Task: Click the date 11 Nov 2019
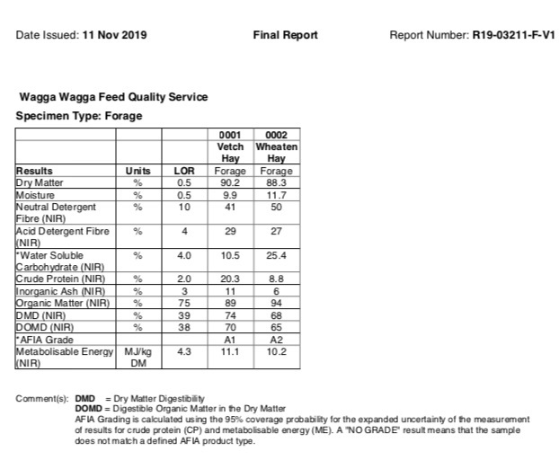[x=114, y=36]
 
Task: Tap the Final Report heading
[x=286, y=36]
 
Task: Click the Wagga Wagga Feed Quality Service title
[x=113, y=97]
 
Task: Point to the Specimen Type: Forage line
[x=79, y=116]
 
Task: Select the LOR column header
[x=184, y=171]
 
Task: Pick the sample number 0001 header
[x=231, y=136]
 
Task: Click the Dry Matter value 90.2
[x=231, y=182]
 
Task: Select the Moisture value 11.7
[x=277, y=194]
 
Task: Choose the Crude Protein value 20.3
[x=231, y=279]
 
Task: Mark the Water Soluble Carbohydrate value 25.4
[x=277, y=255]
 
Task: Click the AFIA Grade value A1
[x=231, y=341]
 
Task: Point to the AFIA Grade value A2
[x=277, y=341]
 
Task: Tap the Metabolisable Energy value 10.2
[x=277, y=352]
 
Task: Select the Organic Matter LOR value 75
[x=184, y=304]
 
